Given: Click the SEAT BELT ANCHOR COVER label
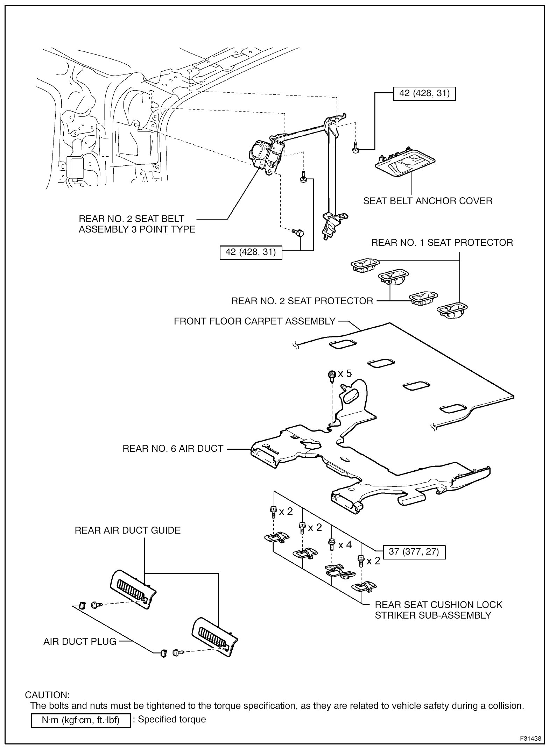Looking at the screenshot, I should pos(428,201).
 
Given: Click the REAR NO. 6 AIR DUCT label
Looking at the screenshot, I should pos(173,449).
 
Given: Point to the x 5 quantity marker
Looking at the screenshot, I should pos(345,373).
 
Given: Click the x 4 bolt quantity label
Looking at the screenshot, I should pos(345,545).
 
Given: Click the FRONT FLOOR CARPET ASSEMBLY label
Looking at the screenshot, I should pos(255,321).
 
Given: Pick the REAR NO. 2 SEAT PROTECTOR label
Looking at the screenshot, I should pos(302,301).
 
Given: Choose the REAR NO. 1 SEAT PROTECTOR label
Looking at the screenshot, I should pos(442,243).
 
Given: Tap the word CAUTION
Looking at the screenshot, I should pos(47,695).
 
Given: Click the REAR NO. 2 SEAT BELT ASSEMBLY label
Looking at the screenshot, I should pos(137,224).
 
